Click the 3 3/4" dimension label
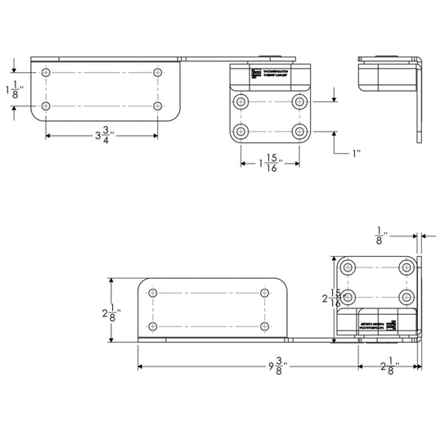101,136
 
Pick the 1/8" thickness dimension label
380,236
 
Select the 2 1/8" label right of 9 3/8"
389,369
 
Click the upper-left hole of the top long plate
45,73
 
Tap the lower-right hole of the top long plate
157,106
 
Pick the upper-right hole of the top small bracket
299,101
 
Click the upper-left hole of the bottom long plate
152,292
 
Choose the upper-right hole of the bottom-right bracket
407,267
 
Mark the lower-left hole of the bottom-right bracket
349,297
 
